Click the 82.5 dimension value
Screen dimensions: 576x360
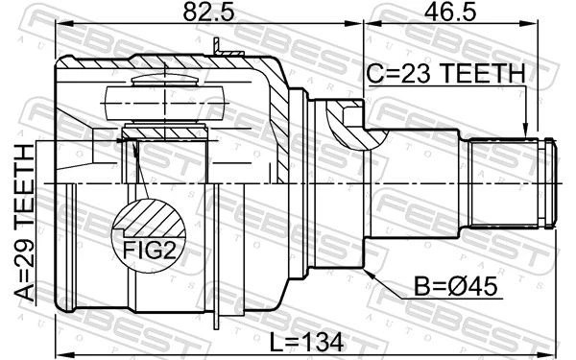click(208, 12)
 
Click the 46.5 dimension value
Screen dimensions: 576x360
click(450, 12)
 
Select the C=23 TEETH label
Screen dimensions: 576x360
click(446, 73)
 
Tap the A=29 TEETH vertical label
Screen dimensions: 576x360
click(25, 223)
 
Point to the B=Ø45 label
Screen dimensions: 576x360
click(456, 286)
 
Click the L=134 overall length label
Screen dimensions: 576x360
click(307, 342)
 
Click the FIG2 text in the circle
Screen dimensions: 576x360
click(149, 250)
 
